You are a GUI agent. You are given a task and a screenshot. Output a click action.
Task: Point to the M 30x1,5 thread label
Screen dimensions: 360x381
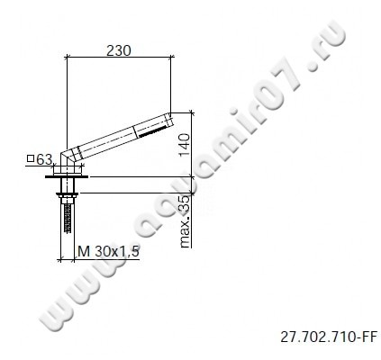click(107, 250)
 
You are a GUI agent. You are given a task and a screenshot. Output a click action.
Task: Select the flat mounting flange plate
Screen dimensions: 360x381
click(66, 178)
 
